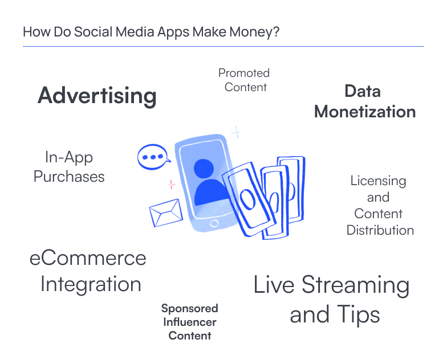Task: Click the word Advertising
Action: click(x=97, y=96)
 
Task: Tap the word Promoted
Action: click(x=244, y=73)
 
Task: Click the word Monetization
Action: click(x=365, y=112)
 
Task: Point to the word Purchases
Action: click(x=69, y=177)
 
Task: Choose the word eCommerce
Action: click(x=88, y=259)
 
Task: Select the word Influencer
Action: click(x=190, y=322)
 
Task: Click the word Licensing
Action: click(x=379, y=181)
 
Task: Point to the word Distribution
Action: click(x=380, y=230)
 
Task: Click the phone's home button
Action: click(x=214, y=223)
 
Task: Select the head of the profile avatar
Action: click(x=204, y=169)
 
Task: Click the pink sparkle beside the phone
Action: click(x=171, y=185)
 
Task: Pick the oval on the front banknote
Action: click(x=247, y=199)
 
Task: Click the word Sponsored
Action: click(x=190, y=309)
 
